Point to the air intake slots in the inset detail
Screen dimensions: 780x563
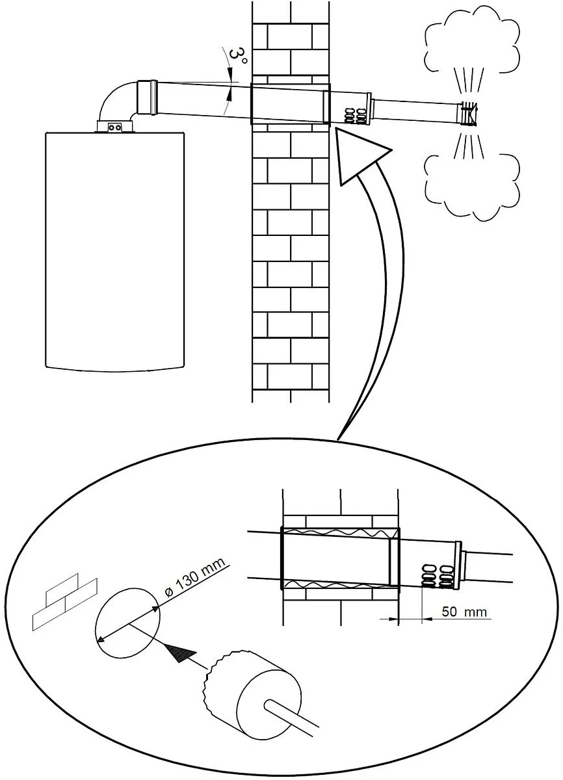tap(436, 572)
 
